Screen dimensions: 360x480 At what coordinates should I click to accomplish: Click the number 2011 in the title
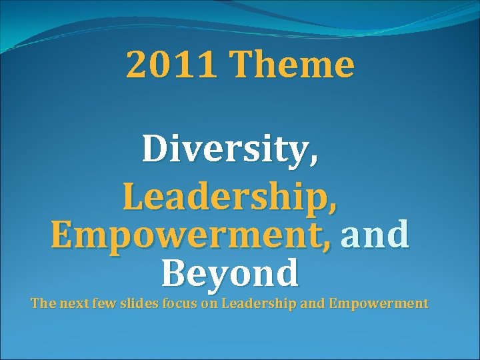(172, 65)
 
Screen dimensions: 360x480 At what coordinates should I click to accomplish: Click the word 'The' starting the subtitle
(43, 304)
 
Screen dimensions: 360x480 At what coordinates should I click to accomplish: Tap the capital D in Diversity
(155, 149)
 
